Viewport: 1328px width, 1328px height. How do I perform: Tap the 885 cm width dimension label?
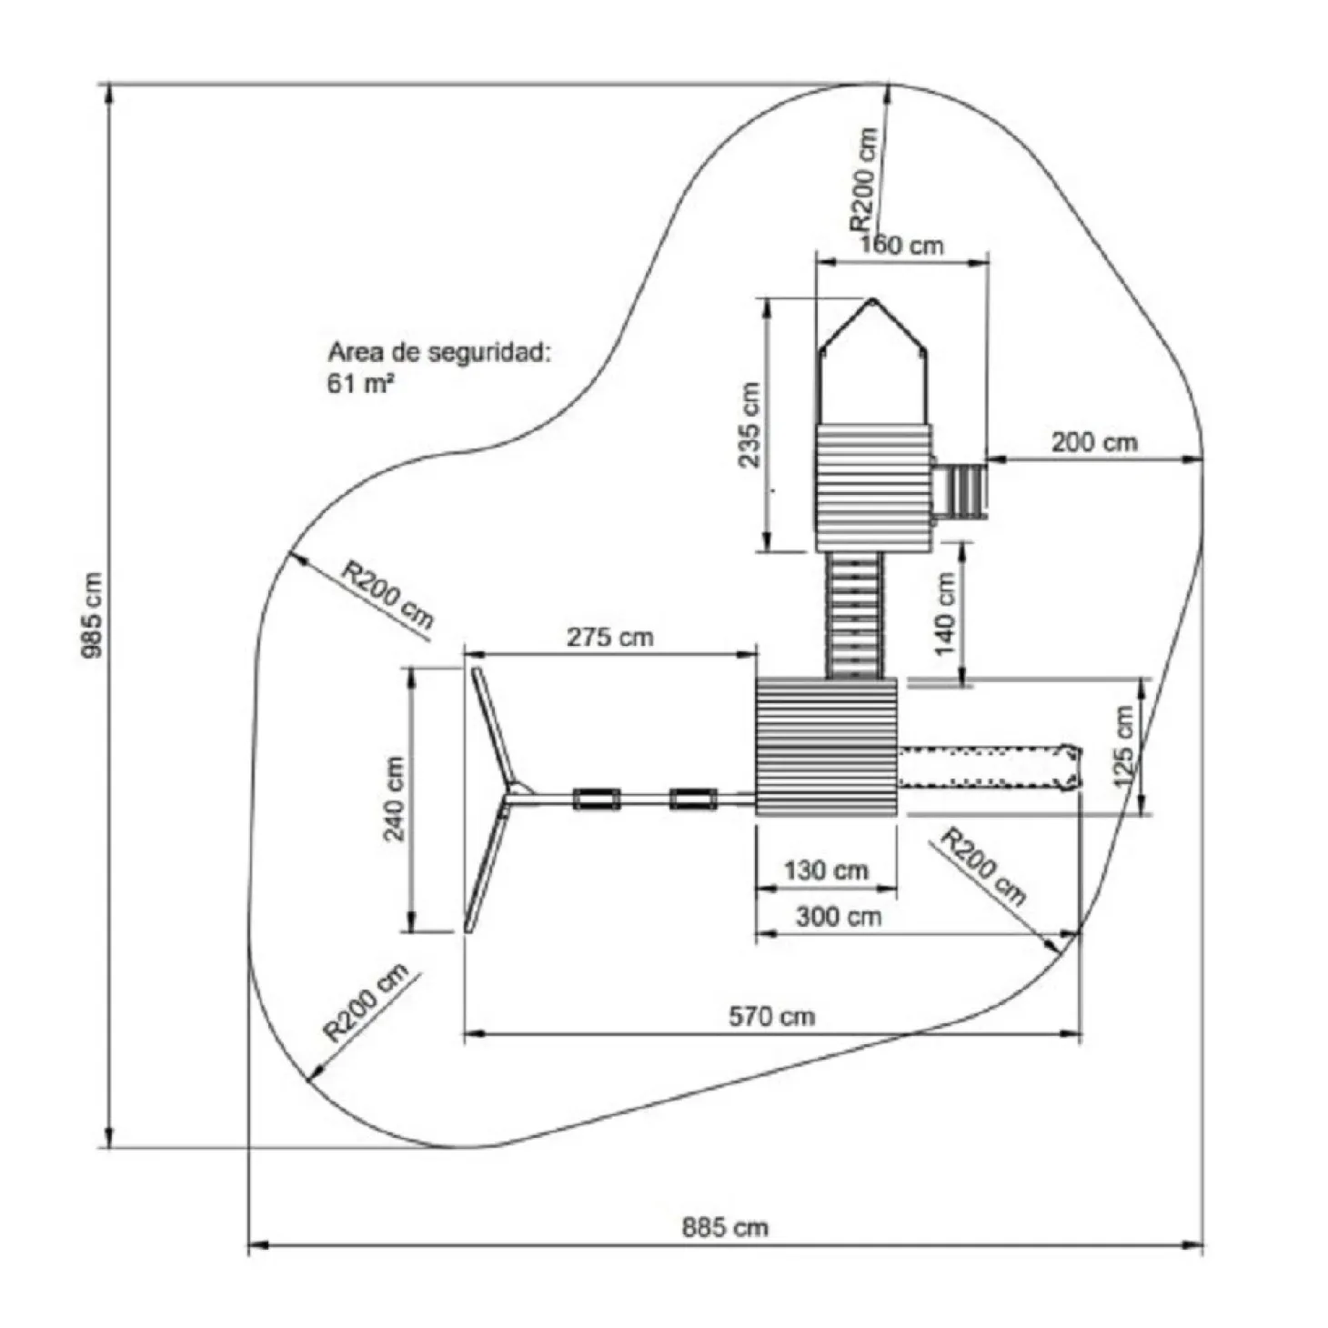[x=725, y=1228]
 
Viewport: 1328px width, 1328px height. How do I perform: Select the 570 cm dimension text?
[x=771, y=1015]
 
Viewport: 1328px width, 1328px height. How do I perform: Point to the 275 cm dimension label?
[x=609, y=637]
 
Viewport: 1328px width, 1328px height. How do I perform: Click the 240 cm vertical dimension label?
[x=394, y=799]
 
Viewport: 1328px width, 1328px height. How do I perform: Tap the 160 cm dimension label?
[x=901, y=245]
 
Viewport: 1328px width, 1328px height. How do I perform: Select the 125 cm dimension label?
[x=1124, y=746]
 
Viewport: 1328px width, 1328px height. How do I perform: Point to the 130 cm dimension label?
[x=826, y=870]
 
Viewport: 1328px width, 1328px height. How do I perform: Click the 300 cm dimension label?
[x=838, y=916]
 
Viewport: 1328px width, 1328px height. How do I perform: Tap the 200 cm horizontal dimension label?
[x=1094, y=442]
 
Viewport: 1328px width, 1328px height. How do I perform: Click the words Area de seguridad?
[x=439, y=352]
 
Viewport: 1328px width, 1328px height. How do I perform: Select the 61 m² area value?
[x=360, y=383]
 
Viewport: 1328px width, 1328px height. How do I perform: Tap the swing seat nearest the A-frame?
[x=597, y=800]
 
